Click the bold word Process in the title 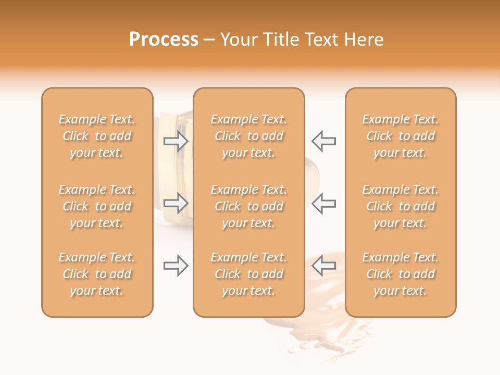pos(164,40)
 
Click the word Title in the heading pos(283,40)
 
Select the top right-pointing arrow pos(176,141)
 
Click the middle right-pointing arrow pos(176,203)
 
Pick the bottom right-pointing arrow pos(176,266)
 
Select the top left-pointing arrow pos(324,141)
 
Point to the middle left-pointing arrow pos(324,203)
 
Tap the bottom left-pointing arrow pos(324,266)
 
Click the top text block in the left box pos(97,136)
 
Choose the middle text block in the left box pos(97,206)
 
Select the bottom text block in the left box pos(97,274)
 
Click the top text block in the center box pos(249,136)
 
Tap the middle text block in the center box pos(249,206)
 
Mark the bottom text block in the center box pos(249,274)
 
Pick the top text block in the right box pos(401,136)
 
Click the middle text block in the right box pos(401,206)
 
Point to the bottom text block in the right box pos(401,274)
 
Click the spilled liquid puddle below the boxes pos(323,333)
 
